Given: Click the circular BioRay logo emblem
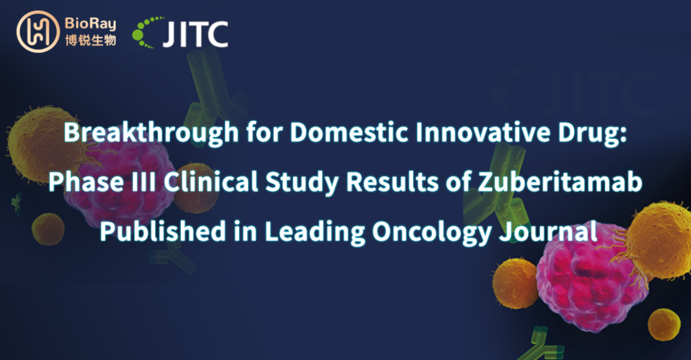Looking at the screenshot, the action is pos(38,32).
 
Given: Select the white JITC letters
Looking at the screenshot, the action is pos(195,34).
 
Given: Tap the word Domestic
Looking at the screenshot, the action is pos(349,132).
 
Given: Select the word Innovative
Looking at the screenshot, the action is pos(483,132).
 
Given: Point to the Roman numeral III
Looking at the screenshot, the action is pos(143,182).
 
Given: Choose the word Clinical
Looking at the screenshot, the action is pos(211,181).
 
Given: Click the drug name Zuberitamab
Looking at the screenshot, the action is pos(560,181).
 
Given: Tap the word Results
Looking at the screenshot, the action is pos(392,181).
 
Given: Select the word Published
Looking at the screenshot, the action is pos(163,231).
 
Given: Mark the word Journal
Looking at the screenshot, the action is pos(548,231).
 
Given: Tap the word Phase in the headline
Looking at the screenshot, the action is pos(86,181).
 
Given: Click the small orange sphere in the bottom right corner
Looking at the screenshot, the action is pos(664,325).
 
